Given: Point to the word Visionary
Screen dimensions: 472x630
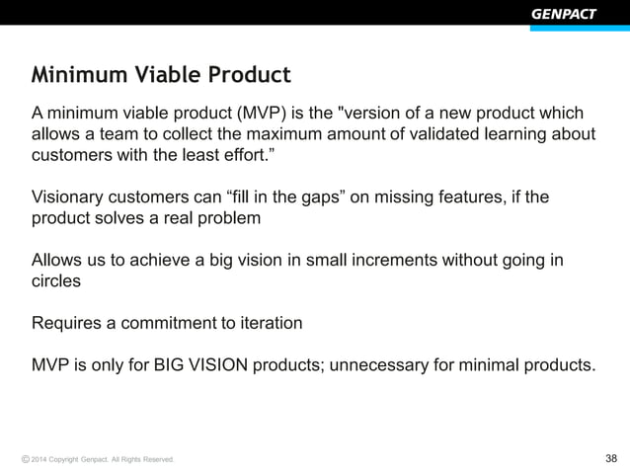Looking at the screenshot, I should click(70, 197).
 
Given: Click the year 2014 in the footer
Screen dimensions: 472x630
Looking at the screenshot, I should click(39, 460).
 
